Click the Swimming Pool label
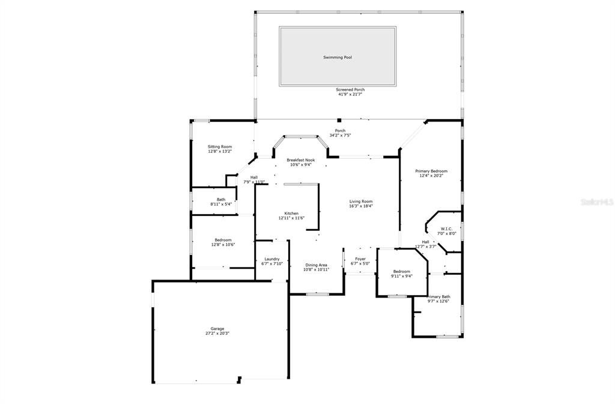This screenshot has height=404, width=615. (338, 57)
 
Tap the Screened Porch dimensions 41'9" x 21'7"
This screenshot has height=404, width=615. (350, 94)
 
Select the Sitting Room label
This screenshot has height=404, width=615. (220, 147)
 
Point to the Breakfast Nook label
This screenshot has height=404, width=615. (300, 160)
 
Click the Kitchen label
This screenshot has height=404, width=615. (291, 213)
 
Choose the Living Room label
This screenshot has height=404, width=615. (361, 201)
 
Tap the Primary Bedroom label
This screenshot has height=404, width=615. (431, 171)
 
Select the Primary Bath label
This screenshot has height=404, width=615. (438, 296)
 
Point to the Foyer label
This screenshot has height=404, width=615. (360, 259)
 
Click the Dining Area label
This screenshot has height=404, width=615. (316, 265)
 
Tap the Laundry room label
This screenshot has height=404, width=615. (272, 259)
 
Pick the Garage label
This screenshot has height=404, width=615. (217, 329)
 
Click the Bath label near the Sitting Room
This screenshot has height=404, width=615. (221, 200)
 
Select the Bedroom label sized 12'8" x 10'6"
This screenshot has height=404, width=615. (223, 240)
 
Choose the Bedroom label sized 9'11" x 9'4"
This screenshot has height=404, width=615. (401, 271)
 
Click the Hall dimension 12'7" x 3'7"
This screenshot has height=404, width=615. (425, 246)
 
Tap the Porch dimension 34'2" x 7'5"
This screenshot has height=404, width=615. (340, 136)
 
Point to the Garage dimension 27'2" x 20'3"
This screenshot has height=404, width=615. (217, 334)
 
